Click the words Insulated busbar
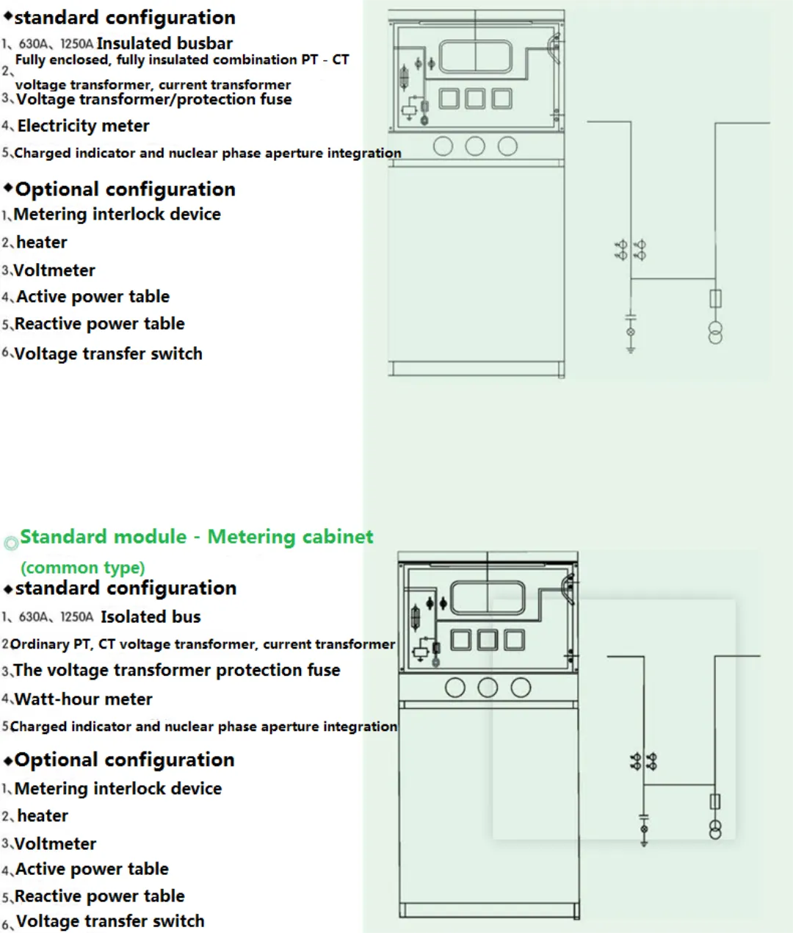tap(164, 43)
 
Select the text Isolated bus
tap(151, 616)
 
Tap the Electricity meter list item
tap(83, 126)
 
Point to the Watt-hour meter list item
tap(84, 699)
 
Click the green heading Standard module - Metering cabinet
tap(197, 537)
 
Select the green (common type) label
tap(82, 567)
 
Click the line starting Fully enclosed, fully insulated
tap(182, 60)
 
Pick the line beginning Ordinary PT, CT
tap(203, 644)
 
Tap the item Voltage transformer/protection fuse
tap(153, 99)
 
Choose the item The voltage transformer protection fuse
tap(176, 670)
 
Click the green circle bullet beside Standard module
tap(11, 542)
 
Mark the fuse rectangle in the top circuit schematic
tap(715, 298)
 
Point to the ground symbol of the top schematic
tap(631, 349)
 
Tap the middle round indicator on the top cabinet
tap(475, 146)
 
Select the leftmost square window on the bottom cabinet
tap(461, 640)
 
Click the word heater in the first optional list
tap(42, 242)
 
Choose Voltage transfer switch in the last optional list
tap(110, 921)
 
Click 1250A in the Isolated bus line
tap(76, 616)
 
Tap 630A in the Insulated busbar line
tap(33, 44)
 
